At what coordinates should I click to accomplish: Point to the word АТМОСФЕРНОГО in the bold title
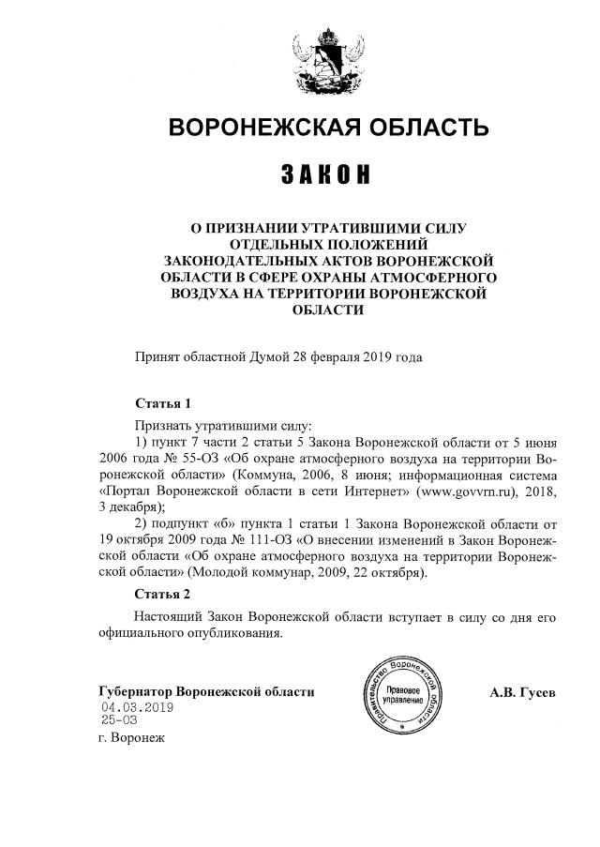click(x=428, y=280)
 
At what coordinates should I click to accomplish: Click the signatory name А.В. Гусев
click(x=521, y=692)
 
